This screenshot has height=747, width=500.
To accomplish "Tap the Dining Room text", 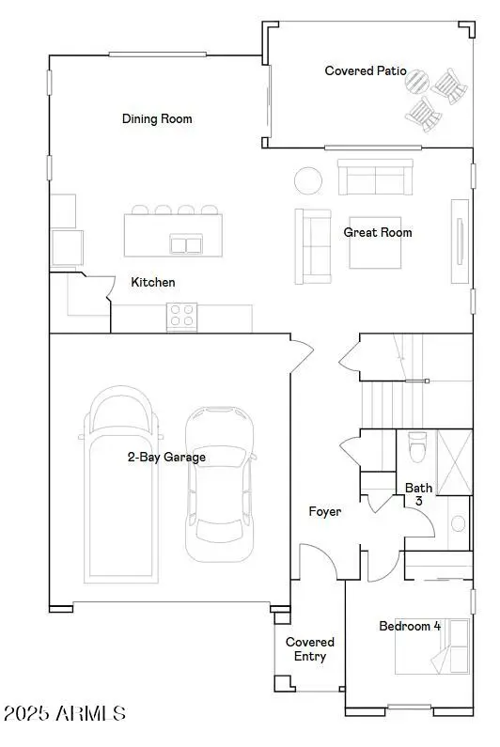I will [157, 118].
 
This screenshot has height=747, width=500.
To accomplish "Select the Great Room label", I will [377, 232].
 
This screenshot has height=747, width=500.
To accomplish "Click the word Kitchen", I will [152, 282].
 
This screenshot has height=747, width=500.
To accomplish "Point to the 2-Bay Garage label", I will [167, 458].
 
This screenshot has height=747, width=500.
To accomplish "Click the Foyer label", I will [325, 511].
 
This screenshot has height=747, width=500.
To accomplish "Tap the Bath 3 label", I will [418, 494].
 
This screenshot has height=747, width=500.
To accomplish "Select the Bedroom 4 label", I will [410, 626].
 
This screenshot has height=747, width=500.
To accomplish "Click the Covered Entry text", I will [310, 649].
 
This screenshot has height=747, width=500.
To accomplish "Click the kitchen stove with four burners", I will [181, 317].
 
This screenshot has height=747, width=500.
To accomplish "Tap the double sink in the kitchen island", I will [186, 244].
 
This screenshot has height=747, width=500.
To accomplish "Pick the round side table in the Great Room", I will [308, 179].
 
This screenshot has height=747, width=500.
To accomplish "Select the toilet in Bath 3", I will [417, 447].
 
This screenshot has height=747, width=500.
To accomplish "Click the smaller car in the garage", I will [219, 484].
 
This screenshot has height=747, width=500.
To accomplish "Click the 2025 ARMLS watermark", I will [64, 714].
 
